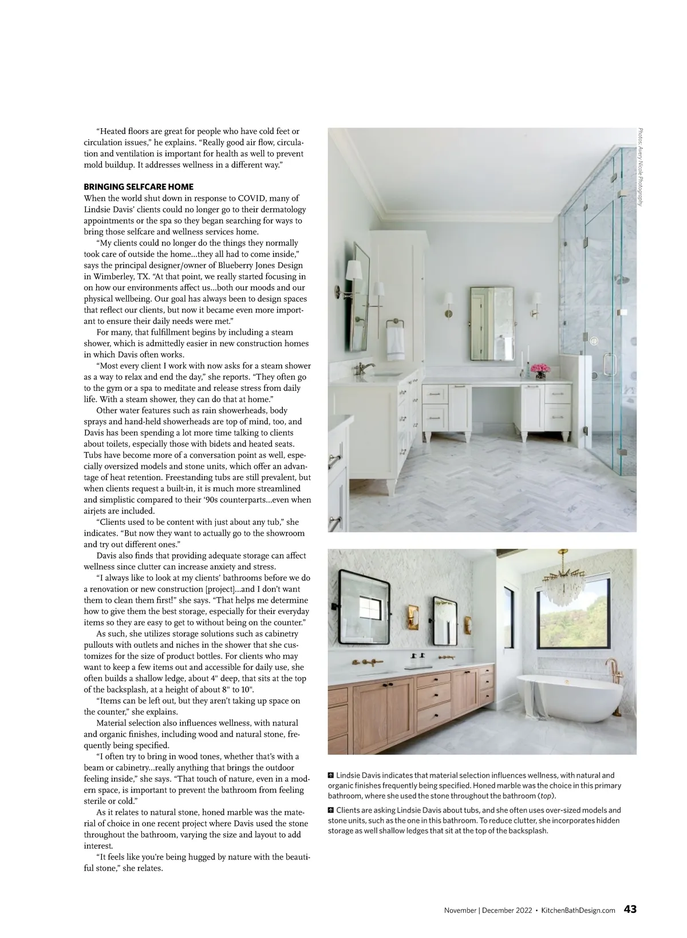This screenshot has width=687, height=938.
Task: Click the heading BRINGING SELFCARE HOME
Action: point(139,187)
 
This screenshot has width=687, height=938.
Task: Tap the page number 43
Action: point(630,909)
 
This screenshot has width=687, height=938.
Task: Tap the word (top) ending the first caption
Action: point(548,796)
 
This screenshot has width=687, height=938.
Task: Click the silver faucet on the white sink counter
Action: point(364,369)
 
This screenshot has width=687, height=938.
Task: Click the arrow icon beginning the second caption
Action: point(331,810)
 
